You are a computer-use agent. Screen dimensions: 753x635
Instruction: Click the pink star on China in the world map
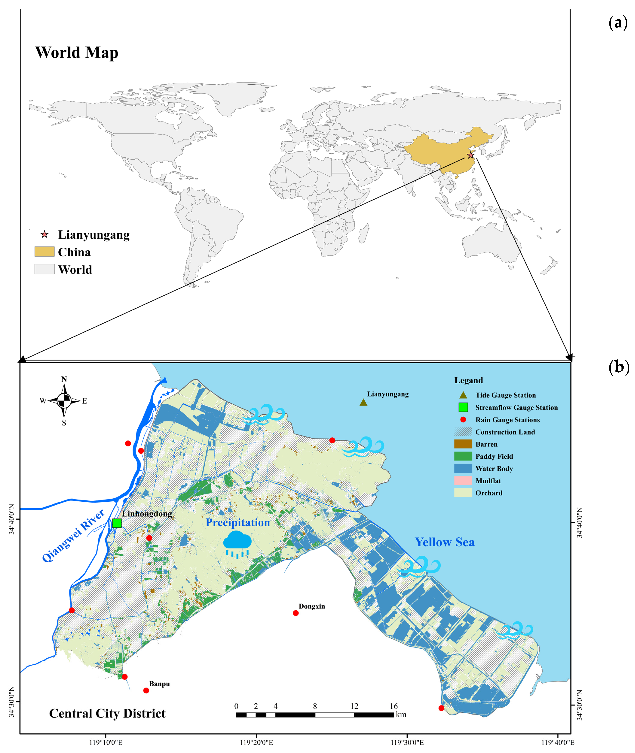click(471, 155)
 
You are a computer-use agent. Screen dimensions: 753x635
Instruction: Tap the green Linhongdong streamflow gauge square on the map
click(117, 523)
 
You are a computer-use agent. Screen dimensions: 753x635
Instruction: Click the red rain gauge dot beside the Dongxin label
click(296, 613)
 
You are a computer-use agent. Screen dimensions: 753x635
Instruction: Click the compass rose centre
click(64, 400)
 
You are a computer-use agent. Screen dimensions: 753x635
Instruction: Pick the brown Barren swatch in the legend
click(463, 444)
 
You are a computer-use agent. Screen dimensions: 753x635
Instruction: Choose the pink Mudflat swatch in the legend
click(463, 480)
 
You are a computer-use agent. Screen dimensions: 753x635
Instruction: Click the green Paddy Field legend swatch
click(463, 456)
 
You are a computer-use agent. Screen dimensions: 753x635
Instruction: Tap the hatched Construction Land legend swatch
click(463, 432)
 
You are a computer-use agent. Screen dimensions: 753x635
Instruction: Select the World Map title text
click(77, 53)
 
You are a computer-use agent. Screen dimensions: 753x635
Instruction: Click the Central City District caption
click(107, 713)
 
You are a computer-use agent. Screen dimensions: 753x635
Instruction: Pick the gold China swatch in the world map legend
click(44, 252)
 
